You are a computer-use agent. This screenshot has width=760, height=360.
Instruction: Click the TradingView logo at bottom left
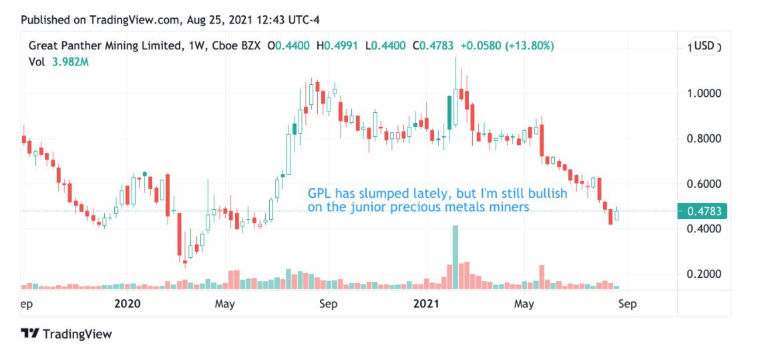tap(66, 333)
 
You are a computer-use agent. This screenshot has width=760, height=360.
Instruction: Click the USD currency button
tap(704, 46)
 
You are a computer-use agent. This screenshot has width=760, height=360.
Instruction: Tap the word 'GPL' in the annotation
tap(319, 194)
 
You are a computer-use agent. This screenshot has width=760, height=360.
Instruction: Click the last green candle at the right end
tap(617, 214)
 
